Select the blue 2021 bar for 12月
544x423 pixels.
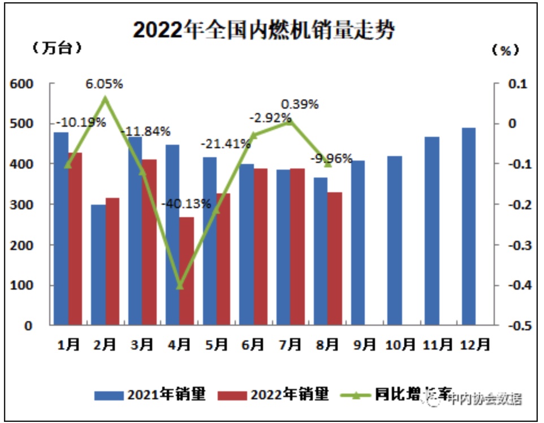(x=469, y=226)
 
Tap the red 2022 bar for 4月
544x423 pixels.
(x=187, y=271)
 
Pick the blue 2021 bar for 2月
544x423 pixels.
(x=98, y=264)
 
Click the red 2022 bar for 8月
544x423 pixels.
(x=335, y=258)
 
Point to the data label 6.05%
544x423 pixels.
(x=104, y=84)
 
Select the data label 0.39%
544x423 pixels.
(x=300, y=105)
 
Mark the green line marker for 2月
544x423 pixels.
(x=105, y=98)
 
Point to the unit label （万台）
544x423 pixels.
(x=58, y=48)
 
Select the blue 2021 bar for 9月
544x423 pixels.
(x=357, y=243)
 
